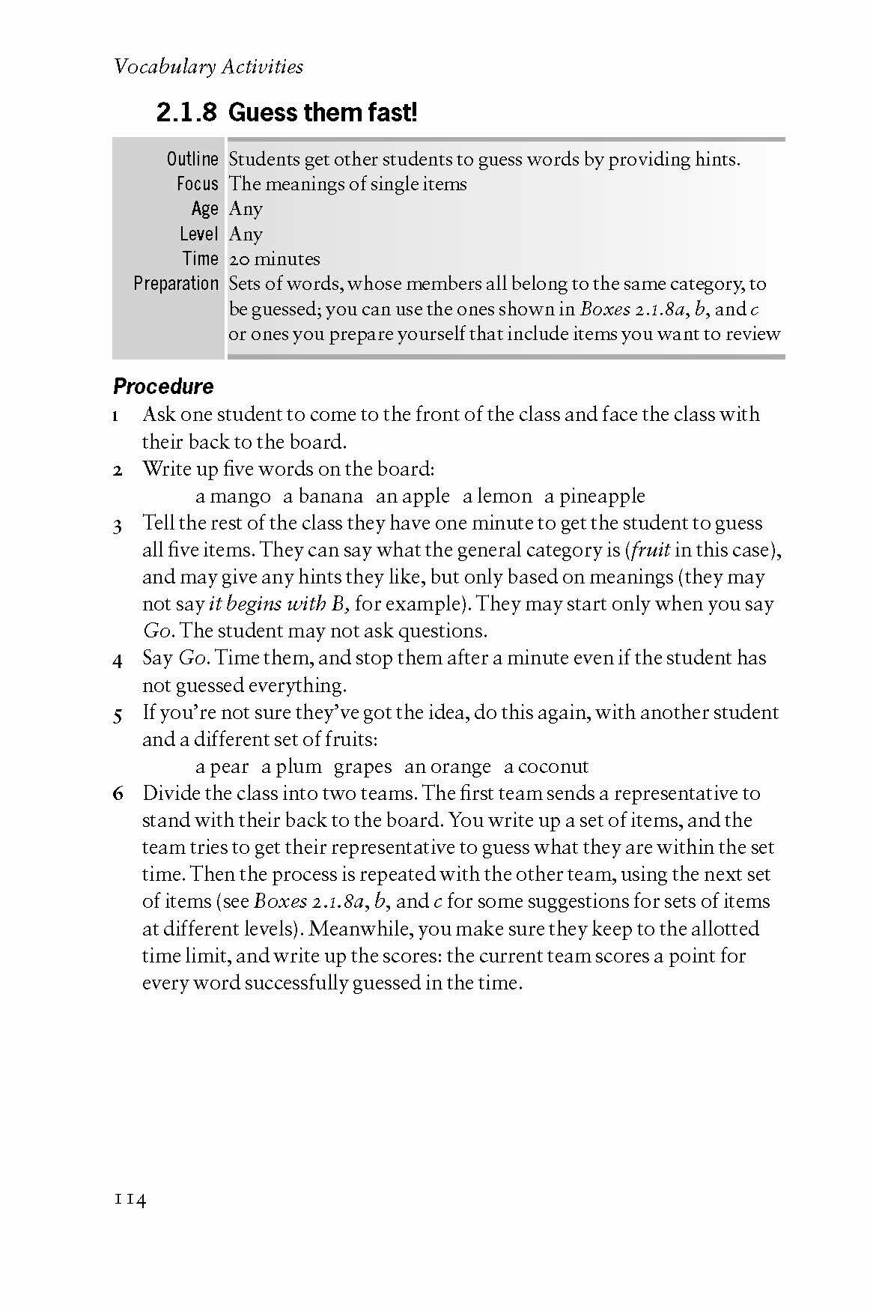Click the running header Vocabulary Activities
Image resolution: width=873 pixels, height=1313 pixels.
point(208,67)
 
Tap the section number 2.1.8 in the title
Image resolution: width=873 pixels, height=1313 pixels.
point(186,113)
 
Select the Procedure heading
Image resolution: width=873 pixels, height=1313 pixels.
point(163,386)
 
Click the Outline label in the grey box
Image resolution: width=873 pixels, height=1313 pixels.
point(192,159)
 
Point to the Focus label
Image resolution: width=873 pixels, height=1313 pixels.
point(198,184)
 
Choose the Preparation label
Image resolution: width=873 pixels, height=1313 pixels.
point(176,284)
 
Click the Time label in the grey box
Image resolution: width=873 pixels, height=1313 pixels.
point(200,259)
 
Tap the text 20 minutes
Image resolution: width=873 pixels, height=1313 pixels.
point(274,259)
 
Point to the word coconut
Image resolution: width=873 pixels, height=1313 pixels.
point(553,767)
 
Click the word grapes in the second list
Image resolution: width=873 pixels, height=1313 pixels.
point(362,767)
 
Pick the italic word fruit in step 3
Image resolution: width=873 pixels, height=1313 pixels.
point(649,551)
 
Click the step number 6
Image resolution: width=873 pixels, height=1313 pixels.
point(118,794)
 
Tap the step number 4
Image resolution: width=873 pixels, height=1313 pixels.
point(118,660)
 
